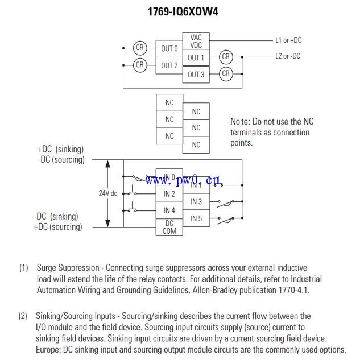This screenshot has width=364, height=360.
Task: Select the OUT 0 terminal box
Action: [x=169, y=49]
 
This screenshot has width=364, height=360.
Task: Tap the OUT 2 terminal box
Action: [x=169, y=65]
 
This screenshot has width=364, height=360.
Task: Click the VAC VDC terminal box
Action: [x=196, y=42]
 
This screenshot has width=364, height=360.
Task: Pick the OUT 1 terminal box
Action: [x=196, y=57]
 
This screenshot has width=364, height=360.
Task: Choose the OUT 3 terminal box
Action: [x=196, y=74]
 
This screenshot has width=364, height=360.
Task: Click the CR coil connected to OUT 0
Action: [x=139, y=48]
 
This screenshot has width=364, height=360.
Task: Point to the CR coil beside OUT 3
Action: [x=226, y=73]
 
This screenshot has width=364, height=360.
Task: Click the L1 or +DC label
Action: [x=288, y=40]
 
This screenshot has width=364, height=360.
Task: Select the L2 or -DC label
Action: [x=288, y=56]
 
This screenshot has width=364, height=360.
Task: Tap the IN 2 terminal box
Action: [x=169, y=194]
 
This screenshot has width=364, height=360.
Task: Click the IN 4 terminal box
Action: [x=169, y=210]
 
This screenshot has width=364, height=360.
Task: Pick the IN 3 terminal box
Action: [x=196, y=202]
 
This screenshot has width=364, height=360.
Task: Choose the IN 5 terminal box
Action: [x=196, y=218]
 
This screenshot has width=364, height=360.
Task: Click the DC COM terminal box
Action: [x=169, y=227]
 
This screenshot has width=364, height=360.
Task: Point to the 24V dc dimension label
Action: [x=107, y=193]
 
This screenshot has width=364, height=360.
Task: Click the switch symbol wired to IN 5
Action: [x=225, y=220]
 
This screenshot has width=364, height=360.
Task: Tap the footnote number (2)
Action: [x=23, y=316]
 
